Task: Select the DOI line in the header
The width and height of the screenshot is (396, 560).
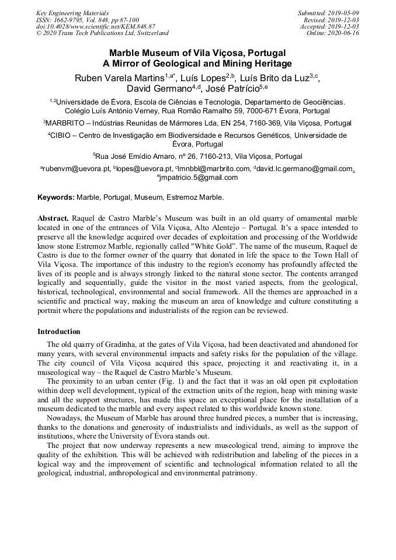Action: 95,26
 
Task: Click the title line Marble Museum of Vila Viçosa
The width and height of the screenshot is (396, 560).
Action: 197,53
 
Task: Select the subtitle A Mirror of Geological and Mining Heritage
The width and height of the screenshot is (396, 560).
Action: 197,64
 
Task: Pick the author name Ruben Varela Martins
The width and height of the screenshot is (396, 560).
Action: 119,78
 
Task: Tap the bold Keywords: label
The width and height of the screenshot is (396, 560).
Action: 56,197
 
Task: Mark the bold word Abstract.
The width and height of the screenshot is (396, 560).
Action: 53,217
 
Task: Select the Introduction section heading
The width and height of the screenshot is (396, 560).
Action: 59,332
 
